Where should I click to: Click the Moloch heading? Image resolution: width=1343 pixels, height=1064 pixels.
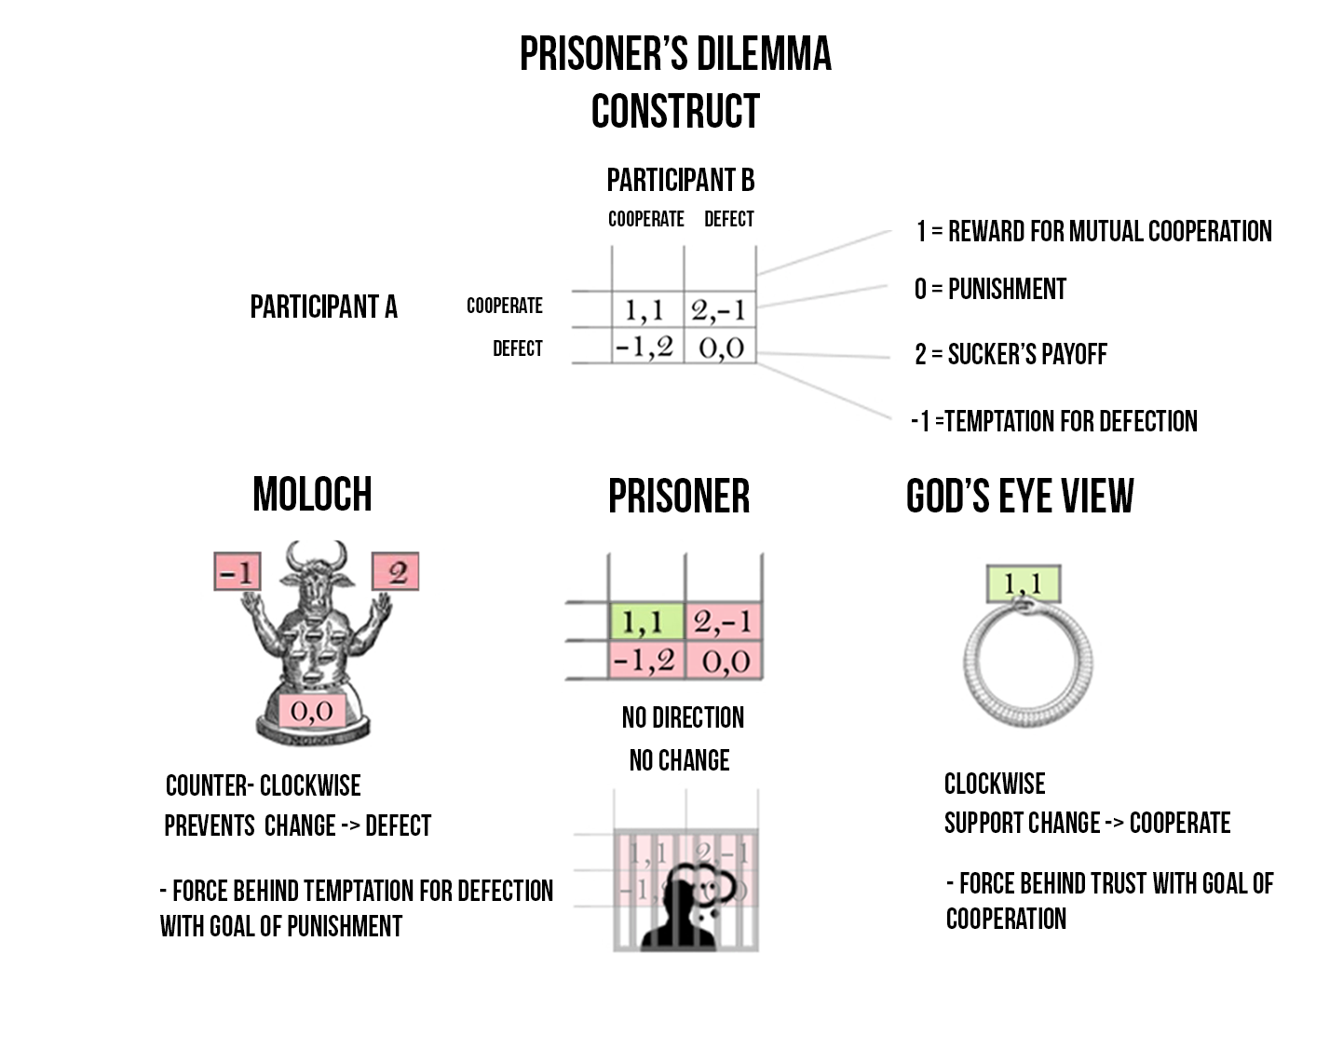312,494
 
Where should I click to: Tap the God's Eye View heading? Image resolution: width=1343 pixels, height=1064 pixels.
1020,497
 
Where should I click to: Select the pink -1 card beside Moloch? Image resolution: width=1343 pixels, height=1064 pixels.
237,571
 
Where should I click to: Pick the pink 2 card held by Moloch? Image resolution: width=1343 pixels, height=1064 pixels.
396,571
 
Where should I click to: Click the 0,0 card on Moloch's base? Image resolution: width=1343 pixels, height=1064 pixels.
312,710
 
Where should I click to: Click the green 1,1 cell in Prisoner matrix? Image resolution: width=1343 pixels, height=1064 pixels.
646,621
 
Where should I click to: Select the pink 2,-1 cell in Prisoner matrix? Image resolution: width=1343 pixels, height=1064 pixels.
724,621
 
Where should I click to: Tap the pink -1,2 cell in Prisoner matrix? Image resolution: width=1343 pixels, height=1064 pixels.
646,660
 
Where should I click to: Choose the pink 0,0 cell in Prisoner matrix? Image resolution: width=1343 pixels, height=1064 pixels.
724,660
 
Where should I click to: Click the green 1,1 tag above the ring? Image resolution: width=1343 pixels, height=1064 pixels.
1024,584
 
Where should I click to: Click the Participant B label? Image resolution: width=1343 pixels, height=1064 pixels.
681,180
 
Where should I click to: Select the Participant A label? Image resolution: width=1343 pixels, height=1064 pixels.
323,307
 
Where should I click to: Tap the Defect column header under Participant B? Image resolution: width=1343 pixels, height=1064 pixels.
729,219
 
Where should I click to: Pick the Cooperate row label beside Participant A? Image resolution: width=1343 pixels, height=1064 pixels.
504,306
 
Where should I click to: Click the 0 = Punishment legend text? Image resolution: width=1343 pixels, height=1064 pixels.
990,289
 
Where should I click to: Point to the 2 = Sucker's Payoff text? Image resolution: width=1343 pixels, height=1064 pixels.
1011,354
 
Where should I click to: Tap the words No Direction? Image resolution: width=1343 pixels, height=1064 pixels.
683,717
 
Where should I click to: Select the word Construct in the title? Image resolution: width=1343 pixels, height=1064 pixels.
675,111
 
